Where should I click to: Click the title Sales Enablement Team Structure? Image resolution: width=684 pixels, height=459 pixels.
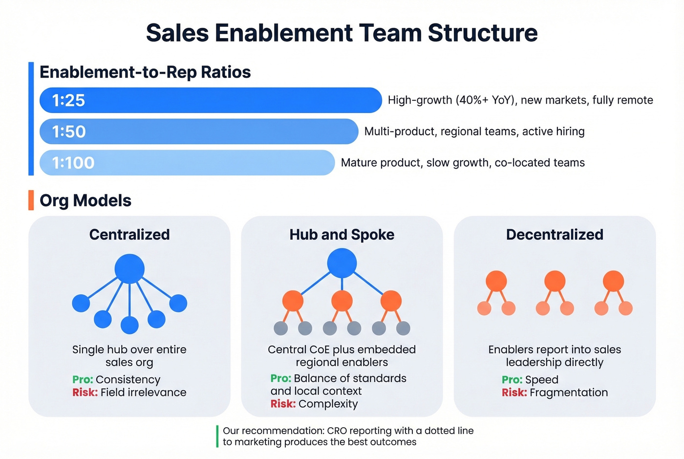click(342, 33)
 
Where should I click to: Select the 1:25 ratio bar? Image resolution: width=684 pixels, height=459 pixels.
click(210, 100)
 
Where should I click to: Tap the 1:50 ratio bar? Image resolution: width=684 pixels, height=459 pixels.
click(198, 131)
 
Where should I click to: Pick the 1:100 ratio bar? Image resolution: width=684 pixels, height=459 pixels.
click(187, 163)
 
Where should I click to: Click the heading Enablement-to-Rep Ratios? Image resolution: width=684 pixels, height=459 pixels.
click(145, 72)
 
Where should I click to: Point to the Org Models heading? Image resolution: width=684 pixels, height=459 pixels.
click(85, 200)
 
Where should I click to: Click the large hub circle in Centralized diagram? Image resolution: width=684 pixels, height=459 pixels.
click(129, 268)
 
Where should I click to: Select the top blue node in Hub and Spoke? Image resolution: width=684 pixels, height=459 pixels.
click(342, 263)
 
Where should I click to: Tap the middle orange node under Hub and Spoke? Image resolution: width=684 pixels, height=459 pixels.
click(342, 301)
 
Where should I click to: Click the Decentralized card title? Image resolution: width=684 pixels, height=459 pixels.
click(555, 235)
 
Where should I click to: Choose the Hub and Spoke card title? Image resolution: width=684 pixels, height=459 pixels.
click(342, 235)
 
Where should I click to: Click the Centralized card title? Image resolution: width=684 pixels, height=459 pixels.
click(129, 235)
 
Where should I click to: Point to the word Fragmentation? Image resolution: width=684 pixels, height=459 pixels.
click(569, 393)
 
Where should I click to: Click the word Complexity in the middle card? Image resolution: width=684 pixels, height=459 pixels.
click(328, 404)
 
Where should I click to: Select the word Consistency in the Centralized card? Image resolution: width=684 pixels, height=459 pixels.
click(128, 380)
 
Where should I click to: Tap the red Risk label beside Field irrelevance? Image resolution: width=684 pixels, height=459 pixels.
click(85, 393)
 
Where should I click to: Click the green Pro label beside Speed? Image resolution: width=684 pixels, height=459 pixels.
click(512, 380)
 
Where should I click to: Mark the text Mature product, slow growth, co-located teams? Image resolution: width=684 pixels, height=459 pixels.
click(463, 163)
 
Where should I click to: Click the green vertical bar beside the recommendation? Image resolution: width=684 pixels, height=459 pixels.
click(217, 436)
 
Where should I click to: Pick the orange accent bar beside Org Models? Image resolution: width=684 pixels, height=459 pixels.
click(31, 200)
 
